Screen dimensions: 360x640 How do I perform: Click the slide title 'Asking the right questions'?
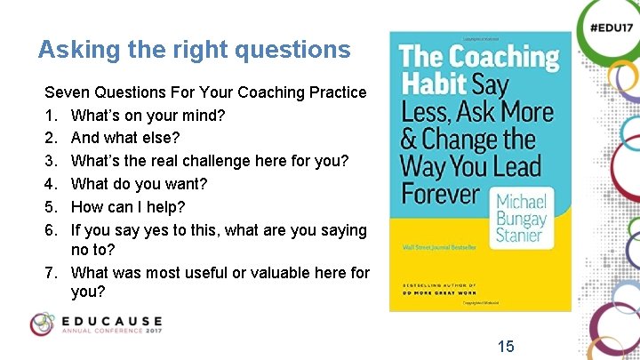click(194, 50)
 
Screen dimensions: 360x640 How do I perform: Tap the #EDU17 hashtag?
click(610, 27)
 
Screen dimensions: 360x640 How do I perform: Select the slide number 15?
click(506, 346)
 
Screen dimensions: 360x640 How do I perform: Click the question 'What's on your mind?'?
click(148, 115)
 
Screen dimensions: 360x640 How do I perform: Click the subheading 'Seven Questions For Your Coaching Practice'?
click(205, 92)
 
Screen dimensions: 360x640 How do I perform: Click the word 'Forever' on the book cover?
click(442, 193)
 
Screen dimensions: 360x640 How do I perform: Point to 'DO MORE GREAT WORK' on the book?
click(438, 290)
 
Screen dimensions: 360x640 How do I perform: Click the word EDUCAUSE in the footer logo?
click(112, 320)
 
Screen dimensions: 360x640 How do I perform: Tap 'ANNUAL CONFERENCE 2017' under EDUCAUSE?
click(111, 332)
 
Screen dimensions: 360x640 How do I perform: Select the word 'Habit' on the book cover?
click(433, 85)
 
